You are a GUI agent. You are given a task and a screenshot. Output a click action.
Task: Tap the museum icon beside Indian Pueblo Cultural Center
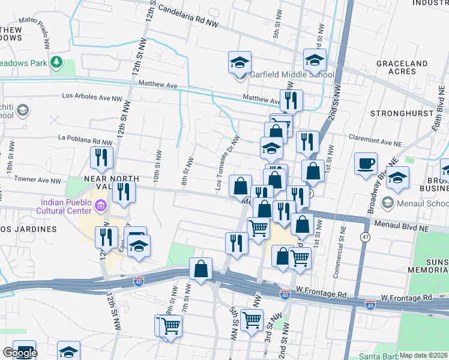(x=100, y=206)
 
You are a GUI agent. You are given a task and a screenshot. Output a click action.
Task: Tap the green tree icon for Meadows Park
(x=56, y=62)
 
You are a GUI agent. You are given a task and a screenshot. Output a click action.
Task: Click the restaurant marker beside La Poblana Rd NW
(x=101, y=158)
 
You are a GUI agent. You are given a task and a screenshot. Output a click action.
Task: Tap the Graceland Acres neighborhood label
(x=402, y=67)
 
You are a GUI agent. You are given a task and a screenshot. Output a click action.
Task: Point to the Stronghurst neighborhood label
(x=401, y=113)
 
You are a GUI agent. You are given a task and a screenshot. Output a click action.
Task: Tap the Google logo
(x=20, y=353)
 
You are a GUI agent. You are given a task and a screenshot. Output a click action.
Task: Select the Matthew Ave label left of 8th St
(x=158, y=85)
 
